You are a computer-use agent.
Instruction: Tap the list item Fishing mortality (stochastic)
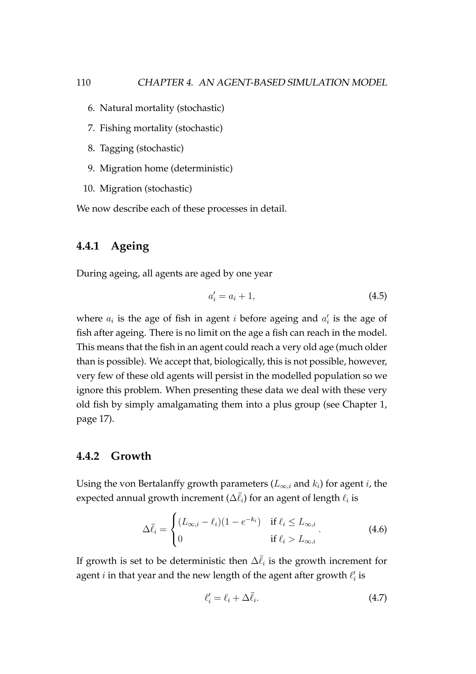(x=161, y=128)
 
